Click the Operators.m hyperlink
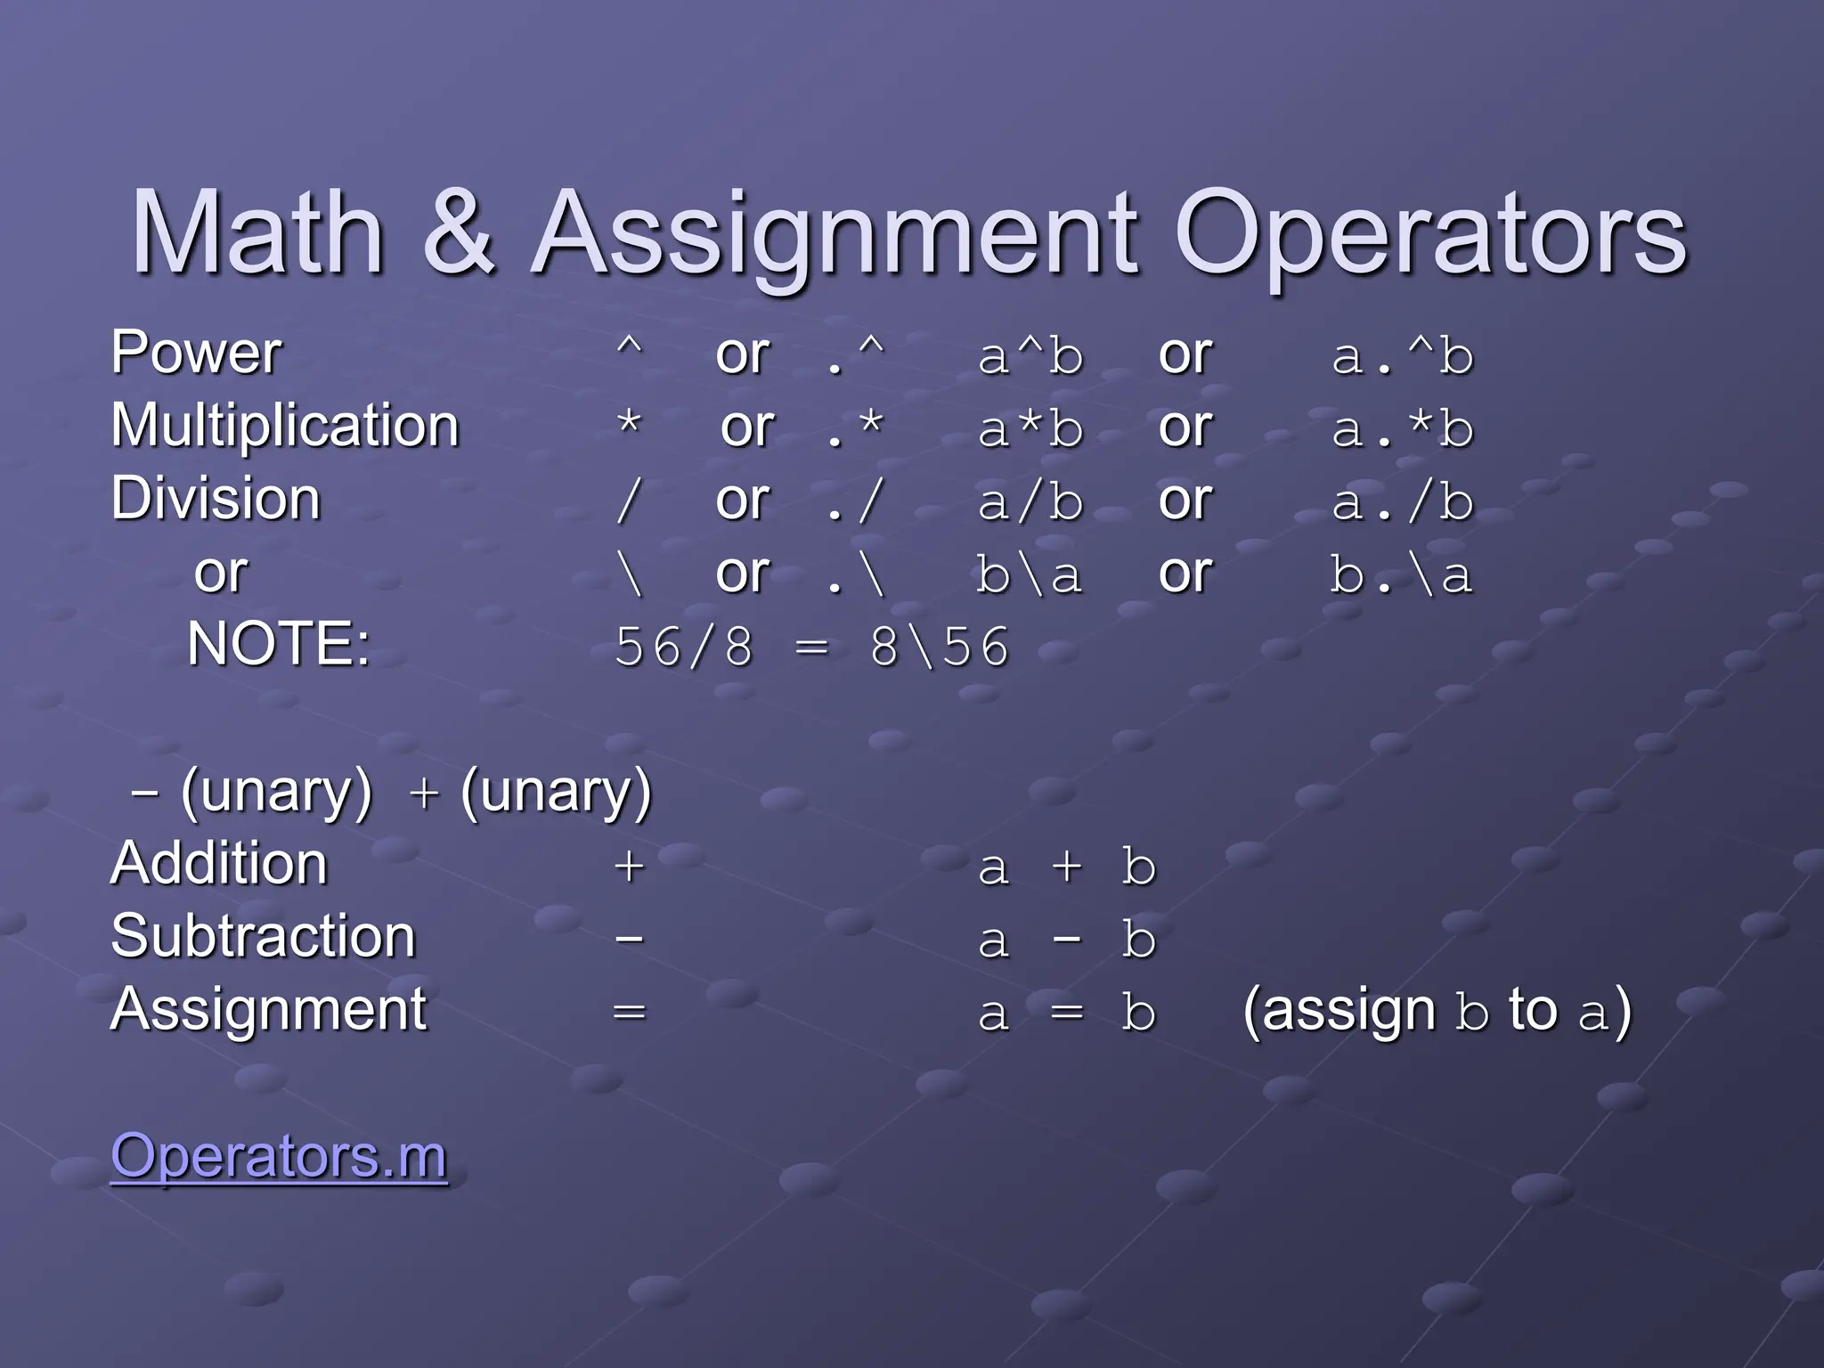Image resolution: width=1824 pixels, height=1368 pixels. click(279, 1156)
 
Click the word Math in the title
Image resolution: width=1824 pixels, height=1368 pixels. click(257, 233)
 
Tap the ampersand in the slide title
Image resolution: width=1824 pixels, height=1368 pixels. click(459, 233)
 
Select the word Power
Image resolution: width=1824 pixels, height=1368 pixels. click(196, 353)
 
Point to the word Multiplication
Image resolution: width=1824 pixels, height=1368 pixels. click(285, 426)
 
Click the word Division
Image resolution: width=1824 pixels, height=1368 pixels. click(216, 499)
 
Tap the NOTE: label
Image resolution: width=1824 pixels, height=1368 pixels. click(278, 644)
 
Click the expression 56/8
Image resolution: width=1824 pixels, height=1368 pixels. click(684, 647)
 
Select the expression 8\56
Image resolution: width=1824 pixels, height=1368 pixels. click(940, 647)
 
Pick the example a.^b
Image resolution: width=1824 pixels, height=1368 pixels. click(1403, 356)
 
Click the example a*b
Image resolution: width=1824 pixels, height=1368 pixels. click(1030, 429)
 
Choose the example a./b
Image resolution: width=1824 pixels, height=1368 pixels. click(1403, 502)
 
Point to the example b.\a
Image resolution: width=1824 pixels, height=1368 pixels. click(1401, 575)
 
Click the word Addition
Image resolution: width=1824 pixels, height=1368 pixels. click(219, 864)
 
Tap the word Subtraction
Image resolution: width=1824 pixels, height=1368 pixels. click(264, 937)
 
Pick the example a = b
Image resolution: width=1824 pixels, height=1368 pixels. click(1067, 1014)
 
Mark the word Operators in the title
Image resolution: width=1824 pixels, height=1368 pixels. click(1430, 233)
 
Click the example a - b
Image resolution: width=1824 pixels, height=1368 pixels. click(1067, 940)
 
